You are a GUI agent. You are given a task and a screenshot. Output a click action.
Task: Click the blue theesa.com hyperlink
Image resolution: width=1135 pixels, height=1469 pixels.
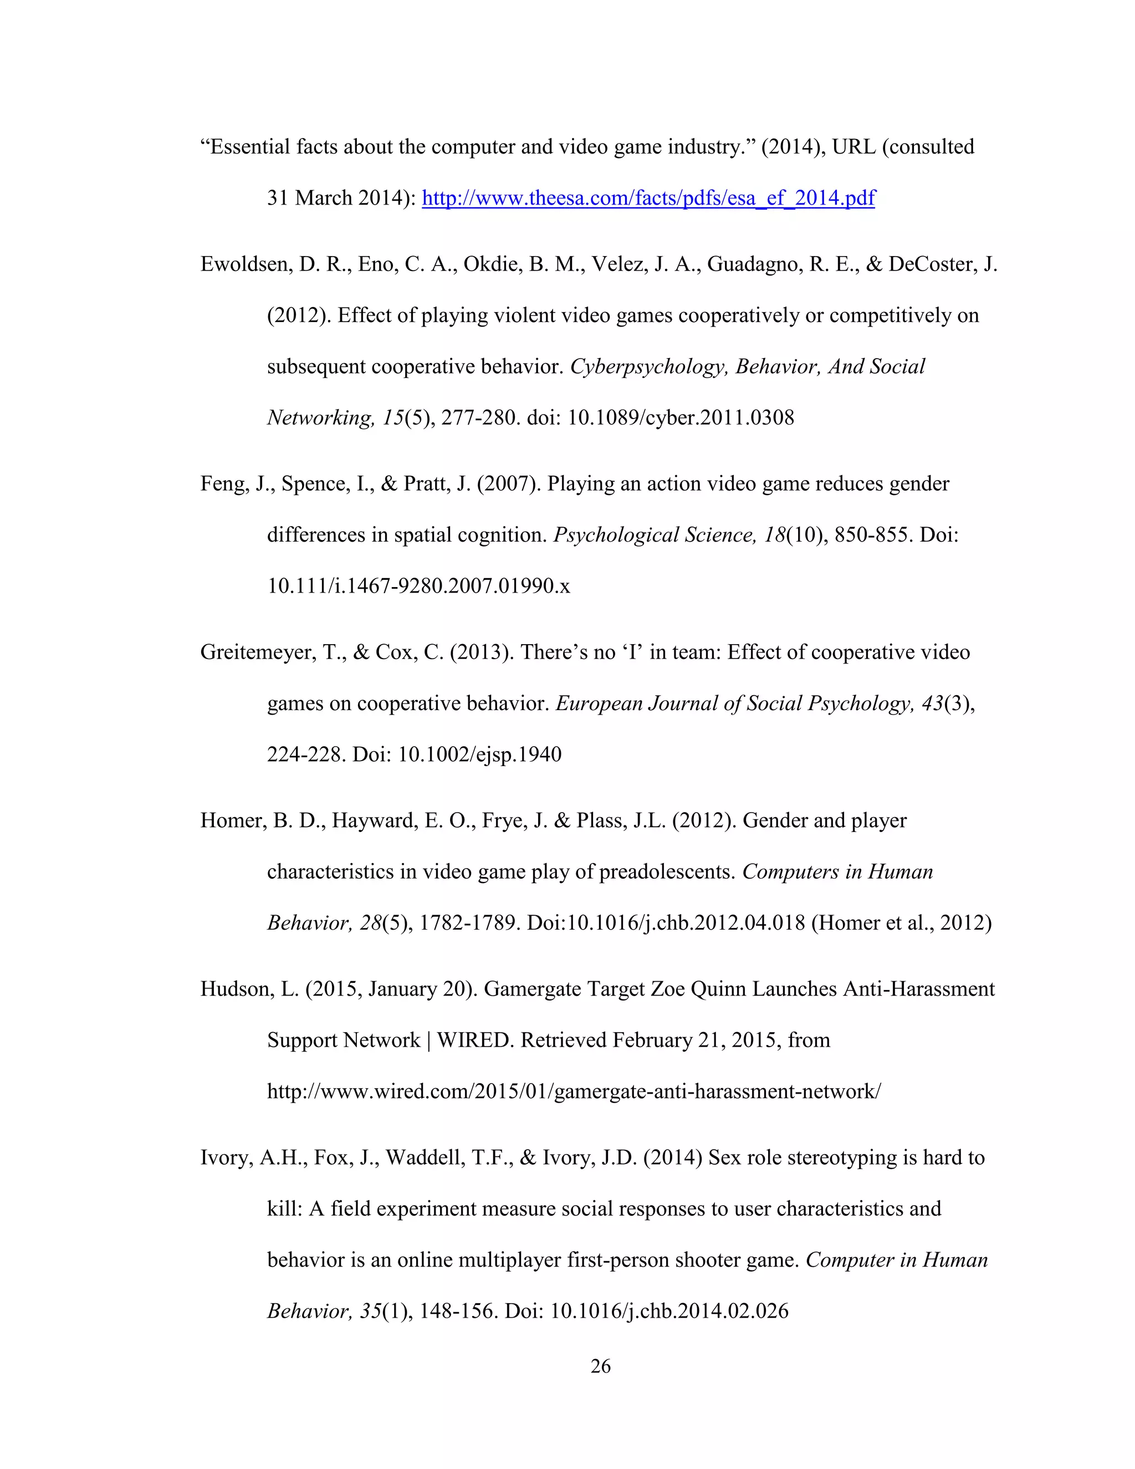coord(648,198)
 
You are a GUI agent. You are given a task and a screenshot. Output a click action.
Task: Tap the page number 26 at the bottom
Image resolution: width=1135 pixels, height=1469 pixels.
coord(600,1366)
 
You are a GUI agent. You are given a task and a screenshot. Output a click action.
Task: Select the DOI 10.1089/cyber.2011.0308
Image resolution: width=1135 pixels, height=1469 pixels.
coord(681,418)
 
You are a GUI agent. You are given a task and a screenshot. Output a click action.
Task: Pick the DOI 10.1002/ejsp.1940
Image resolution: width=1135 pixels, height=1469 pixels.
coord(479,754)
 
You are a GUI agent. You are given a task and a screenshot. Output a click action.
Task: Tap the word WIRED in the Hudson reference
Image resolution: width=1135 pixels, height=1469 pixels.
coord(476,1040)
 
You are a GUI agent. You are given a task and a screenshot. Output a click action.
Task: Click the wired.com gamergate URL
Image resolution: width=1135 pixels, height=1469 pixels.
coord(574,1091)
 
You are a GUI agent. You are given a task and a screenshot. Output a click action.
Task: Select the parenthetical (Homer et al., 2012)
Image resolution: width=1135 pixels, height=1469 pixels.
coord(901,922)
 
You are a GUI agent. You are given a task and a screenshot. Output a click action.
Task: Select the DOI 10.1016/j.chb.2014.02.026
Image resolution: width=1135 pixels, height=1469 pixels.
coord(669,1310)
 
